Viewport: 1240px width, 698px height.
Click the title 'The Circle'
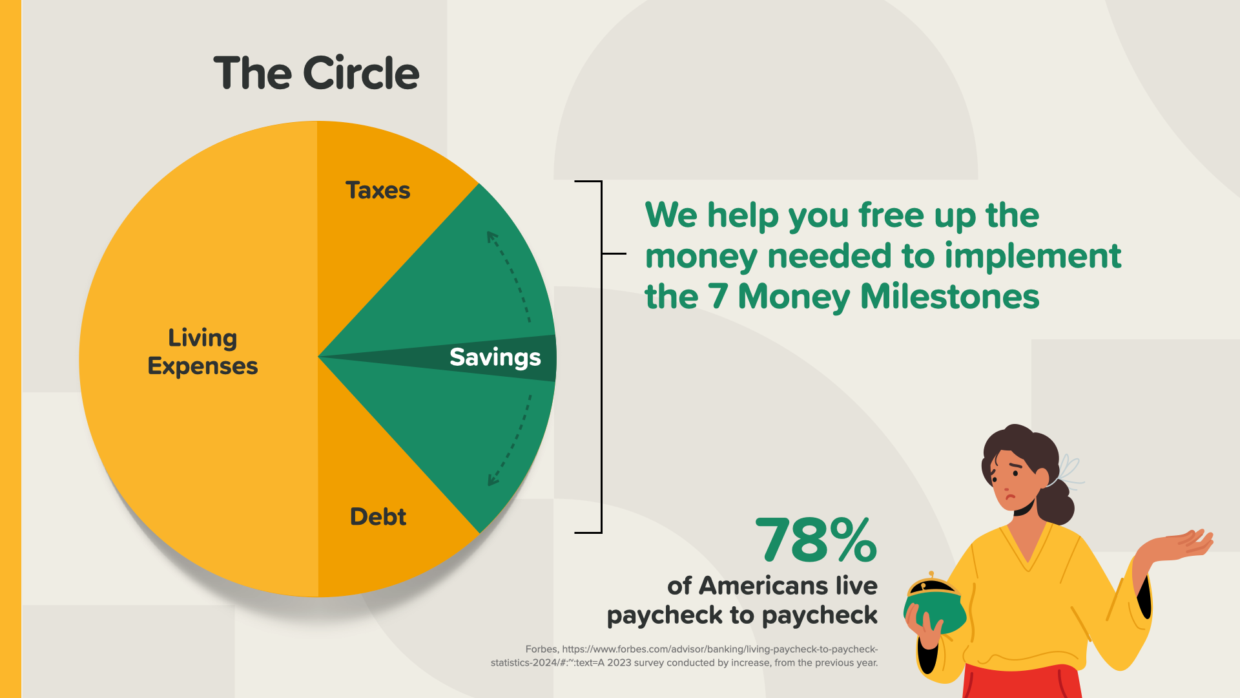pos(316,72)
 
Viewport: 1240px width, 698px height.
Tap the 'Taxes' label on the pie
pos(378,191)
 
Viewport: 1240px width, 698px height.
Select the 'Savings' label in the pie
pos(495,358)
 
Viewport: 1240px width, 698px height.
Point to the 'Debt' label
pos(378,516)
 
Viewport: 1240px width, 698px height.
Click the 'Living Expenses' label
pos(203,352)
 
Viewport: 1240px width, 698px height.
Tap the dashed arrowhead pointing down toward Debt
pos(493,479)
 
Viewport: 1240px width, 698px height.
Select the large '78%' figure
pos(816,540)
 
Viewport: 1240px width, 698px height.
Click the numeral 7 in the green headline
pos(718,297)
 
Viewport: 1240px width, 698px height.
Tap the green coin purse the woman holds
pos(935,604)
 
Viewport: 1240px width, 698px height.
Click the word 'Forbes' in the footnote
pos(541,649)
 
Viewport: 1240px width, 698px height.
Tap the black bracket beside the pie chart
pos(601,357)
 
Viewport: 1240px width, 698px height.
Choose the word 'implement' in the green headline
pos(1033,256)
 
